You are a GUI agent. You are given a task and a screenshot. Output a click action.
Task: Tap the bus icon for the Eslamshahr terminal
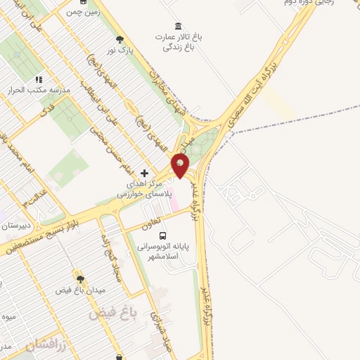163,236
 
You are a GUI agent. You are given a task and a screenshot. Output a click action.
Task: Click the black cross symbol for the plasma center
144,173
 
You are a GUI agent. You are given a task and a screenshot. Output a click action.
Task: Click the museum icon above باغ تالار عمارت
177,25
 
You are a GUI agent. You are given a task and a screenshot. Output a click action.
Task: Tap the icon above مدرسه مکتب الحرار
39,80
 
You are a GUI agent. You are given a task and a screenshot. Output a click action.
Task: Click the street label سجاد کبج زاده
113,256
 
